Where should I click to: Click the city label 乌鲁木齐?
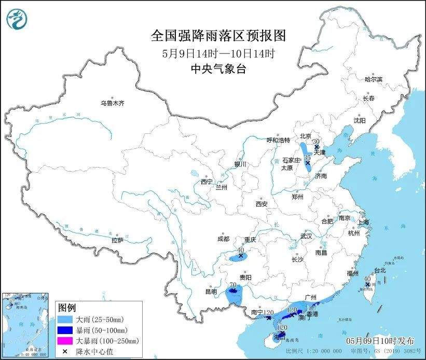[113, 103]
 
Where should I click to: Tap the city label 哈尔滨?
[373, 79]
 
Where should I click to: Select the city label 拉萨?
[117, 240]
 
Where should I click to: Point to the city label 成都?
[224, 239]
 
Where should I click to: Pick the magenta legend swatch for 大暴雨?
[66, 340]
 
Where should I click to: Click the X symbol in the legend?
[65, 351]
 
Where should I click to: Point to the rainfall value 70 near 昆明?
[232, 285]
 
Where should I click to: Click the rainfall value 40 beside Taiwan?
[367, 279]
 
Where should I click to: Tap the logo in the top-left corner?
[17, 19]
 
